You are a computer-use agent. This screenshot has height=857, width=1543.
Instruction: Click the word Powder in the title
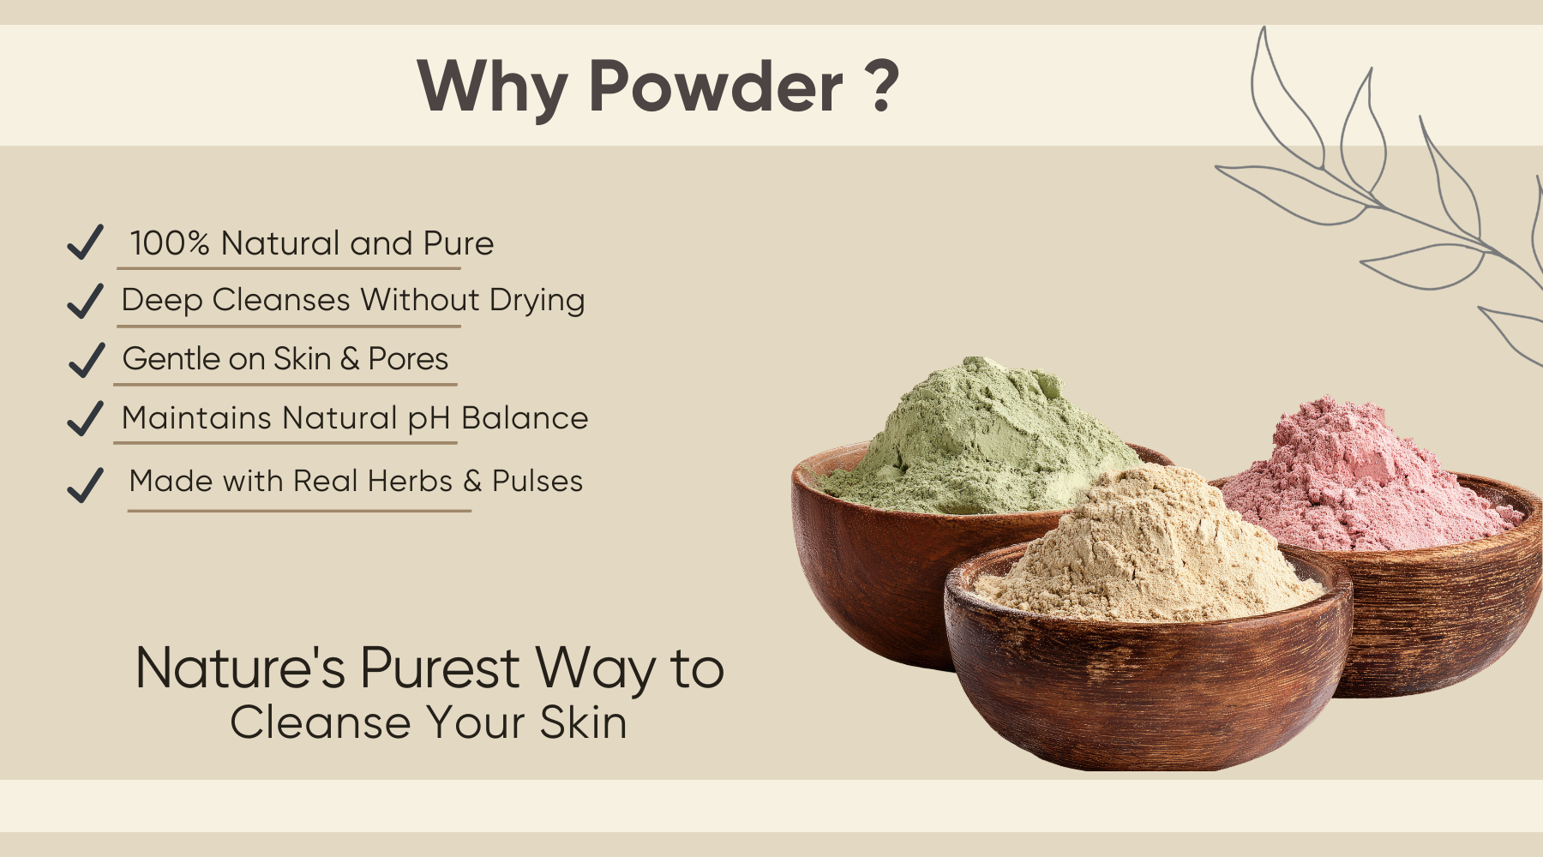click(717, 87)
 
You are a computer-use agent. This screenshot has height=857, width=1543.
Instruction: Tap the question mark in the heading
click(882, 86)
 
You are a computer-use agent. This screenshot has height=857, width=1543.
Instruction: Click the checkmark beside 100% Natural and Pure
click(86, 242)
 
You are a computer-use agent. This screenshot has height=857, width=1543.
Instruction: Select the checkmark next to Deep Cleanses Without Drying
click(86, 301)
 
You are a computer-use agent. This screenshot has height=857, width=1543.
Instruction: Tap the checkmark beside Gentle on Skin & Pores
click(86, 360)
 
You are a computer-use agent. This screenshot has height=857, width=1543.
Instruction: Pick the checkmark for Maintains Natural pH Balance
click(86, 418)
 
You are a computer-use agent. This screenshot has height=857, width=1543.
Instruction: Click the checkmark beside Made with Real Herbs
click(86, 485)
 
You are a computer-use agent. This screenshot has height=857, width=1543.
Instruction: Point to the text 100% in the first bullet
click(170, 243)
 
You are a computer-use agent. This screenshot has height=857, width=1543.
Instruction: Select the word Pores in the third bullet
click(408, 359)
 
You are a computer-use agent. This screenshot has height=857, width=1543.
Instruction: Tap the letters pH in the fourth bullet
click(429, 419)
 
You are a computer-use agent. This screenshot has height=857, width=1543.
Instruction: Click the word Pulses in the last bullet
click(537, 482)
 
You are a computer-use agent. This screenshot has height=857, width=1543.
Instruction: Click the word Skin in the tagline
click(583, 722)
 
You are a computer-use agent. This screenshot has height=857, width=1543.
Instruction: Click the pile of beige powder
click(1149, 548)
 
